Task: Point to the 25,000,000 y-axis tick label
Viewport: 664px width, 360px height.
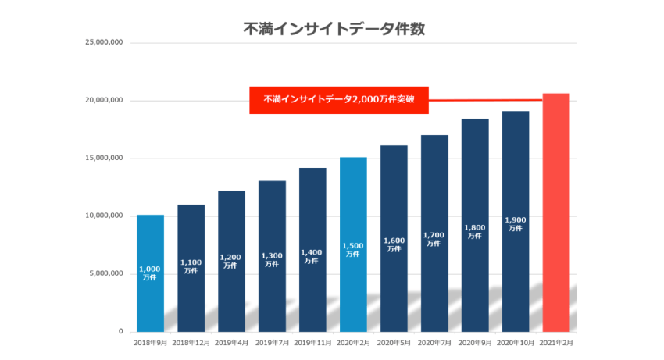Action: click(x=103, y=43)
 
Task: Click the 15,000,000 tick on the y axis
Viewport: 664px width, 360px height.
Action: click(x=103, y=159)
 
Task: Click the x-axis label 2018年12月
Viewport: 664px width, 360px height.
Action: click(x=191, y=343)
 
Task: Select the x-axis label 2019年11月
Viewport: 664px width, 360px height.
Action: click(x=312, y=343)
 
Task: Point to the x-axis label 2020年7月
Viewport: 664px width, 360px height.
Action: click(x=434, y=343)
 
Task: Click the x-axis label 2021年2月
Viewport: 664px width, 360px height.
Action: click(x=555, y=343)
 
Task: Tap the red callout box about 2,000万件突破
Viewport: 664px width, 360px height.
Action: click(x=339, y=100)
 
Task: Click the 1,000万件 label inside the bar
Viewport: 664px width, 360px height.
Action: click(x=150, y=273)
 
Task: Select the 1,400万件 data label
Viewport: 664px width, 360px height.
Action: click(x=312, y=256)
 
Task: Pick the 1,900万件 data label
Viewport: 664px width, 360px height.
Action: click(x=515, y=224)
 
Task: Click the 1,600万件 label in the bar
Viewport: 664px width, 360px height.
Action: click(x=393, y=244)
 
